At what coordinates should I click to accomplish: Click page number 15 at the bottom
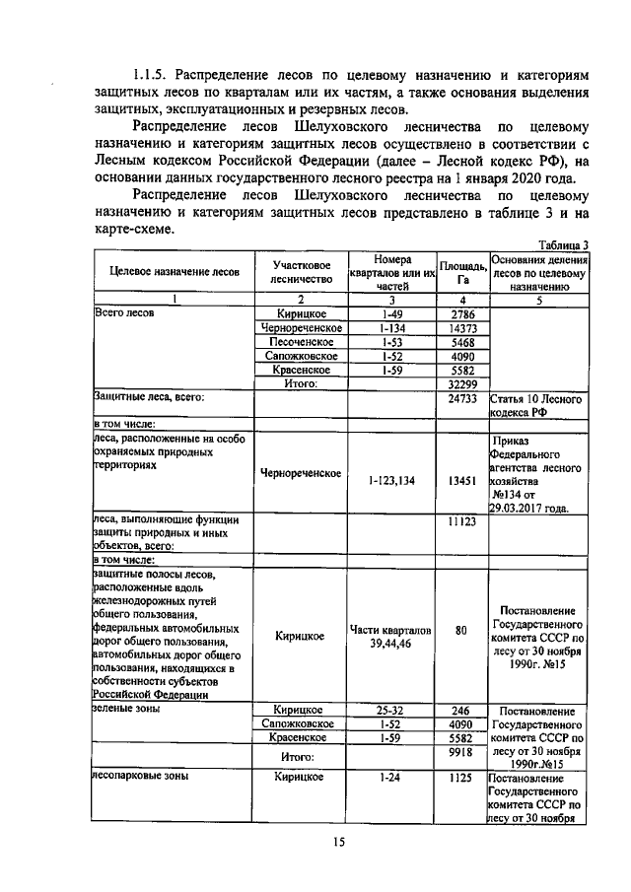click(339, 841)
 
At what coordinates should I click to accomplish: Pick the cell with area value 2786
click(461, 313)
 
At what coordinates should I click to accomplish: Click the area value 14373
click(461, 327)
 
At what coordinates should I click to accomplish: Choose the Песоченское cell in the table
click(302, 342)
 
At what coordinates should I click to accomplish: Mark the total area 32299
click(461, 384)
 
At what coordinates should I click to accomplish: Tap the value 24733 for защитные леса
click(461, 398)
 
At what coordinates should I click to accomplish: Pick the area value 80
click(461, 630)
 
